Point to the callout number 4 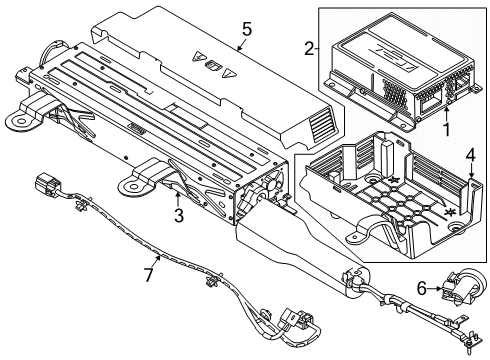(x=469, y=154)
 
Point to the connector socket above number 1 (x=432, y=98)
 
